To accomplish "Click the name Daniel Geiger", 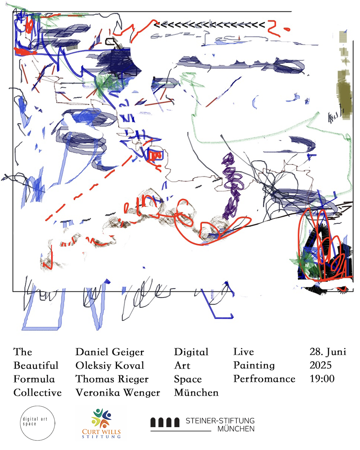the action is click(x=109, y=352).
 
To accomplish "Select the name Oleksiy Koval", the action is click(x=109, y=366).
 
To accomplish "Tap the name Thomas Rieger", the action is click(x=112, y=379).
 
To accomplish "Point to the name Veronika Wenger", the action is click(x=118, y=393).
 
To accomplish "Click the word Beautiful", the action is click(x=36, y=366).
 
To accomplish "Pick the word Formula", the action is click(x=34, y=379).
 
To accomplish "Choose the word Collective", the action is click(x=37, y=393).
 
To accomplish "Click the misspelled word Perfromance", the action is click(x=264, y=379).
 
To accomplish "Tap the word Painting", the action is click(x=254, y=366).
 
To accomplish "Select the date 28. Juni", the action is click(x=328, y=352).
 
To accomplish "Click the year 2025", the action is click(x=321, y=365).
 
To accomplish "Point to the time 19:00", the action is click(x=322, y=379).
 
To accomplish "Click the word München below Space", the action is click(x=196, y=393).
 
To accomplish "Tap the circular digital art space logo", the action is click(x=37, y=423).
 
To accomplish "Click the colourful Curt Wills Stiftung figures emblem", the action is click(x=102, y=418).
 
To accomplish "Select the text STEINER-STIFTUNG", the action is click(x=220, y=421).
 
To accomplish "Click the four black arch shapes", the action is click(x=165, y=422).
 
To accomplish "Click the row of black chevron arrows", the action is click(x=209, y=25).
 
